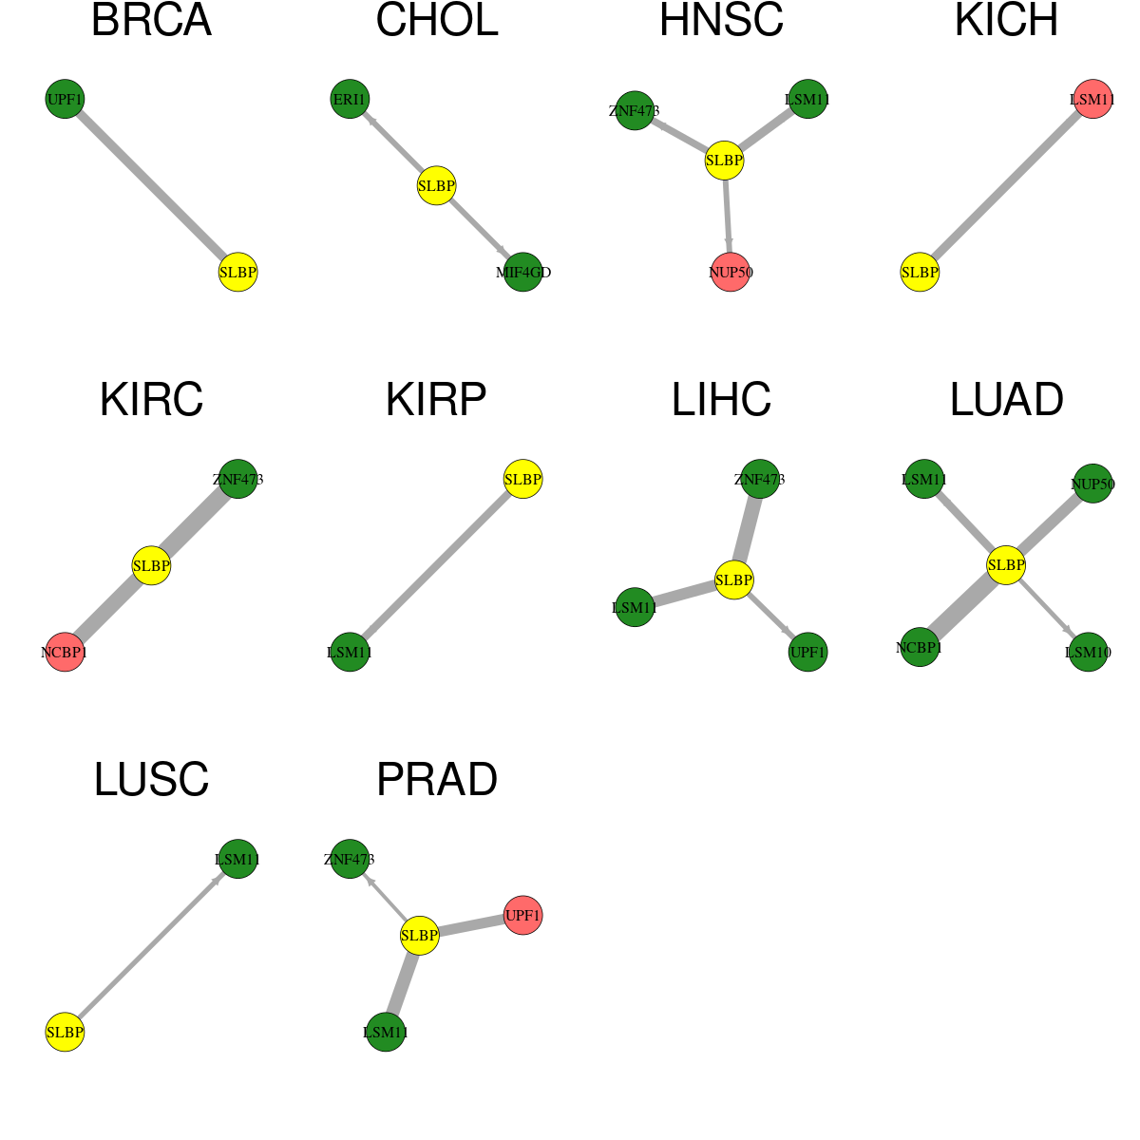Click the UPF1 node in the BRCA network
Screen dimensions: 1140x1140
coord(66,99)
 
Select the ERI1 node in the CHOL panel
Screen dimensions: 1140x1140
coord(350,99)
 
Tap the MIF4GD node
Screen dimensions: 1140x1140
coord(522,272)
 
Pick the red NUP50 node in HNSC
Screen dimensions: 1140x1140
coord(731,272)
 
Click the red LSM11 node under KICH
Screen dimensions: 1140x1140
coord(1092,99)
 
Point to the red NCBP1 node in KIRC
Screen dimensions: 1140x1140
coord(66,652)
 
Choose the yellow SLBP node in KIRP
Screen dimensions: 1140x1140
coord(522,479)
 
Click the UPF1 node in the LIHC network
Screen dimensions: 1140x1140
coord(807,652)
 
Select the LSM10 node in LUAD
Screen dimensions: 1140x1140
coord(1088,652)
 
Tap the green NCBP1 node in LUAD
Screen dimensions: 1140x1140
coord(920,647)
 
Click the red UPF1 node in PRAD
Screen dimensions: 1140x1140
coord(522,915)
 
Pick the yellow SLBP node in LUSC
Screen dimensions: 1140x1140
coord(66,1032)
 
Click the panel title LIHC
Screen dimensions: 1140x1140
coord(721,400)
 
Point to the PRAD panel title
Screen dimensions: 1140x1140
coord(437,780)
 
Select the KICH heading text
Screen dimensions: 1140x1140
coord(1006,20)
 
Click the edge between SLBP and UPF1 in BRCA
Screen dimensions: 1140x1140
coord(151,186)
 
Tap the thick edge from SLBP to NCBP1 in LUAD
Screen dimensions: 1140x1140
coord(963,606)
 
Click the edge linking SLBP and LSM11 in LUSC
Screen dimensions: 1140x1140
coord(151,945)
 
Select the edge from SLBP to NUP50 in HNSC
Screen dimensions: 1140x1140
coord(728,217)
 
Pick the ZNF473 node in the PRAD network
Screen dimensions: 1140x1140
coord(350,859)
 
